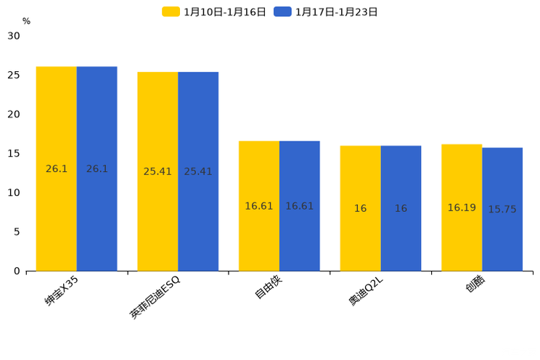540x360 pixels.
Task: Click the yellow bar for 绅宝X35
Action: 57,168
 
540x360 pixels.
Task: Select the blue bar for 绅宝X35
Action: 97,168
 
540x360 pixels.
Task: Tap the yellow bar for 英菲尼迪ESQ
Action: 157,171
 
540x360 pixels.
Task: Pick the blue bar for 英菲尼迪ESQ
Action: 198,171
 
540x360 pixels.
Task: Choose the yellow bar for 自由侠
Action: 259,206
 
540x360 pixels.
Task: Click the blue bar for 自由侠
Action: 300,206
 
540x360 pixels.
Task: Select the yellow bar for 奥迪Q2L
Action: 361,208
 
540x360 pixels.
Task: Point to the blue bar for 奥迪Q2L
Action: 401,208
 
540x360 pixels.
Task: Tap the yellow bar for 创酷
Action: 462,208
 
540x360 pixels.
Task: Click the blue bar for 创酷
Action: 502,209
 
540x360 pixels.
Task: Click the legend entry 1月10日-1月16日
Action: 215,12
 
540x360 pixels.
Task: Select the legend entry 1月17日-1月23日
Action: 327,12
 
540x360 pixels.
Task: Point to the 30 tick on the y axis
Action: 14,36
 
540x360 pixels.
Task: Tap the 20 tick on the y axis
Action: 14,115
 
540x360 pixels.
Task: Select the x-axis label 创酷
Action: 476,286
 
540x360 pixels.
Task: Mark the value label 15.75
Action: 502,210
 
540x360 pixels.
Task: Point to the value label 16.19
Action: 462,208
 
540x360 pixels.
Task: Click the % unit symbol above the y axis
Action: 26,21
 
